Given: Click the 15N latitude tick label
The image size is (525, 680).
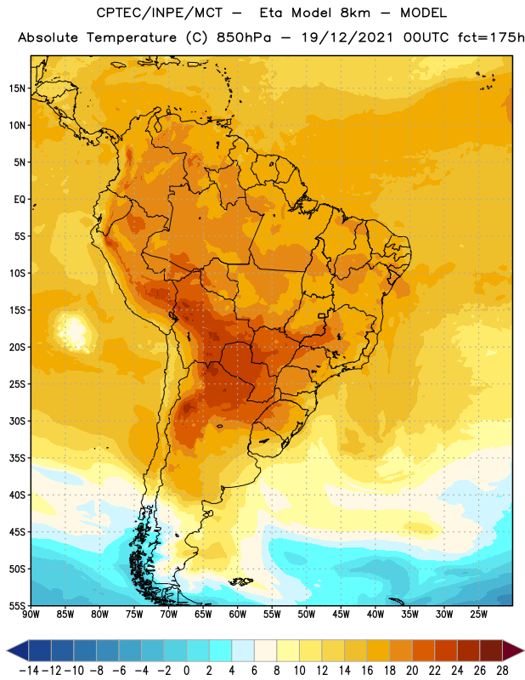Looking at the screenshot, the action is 17,88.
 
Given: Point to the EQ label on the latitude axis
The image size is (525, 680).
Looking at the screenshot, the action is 20,200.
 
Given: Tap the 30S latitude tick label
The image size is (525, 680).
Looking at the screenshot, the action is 17,421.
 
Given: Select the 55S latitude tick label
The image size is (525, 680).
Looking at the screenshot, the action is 17,605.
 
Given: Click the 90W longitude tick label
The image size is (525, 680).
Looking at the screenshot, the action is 31,614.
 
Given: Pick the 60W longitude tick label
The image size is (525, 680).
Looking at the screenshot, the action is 238,614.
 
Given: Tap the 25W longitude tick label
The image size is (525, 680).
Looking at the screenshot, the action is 478,614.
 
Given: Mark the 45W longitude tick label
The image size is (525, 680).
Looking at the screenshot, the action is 341,614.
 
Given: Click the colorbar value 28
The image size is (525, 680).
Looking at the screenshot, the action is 502,671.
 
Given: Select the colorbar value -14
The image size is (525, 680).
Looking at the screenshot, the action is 29,671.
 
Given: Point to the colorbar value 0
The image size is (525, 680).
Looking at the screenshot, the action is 186,671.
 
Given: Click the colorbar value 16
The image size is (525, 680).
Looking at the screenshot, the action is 367,671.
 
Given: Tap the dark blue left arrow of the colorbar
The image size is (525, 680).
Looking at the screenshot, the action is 18,650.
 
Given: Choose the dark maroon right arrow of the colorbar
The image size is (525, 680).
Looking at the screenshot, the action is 514,650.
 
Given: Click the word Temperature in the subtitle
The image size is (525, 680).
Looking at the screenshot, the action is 132,37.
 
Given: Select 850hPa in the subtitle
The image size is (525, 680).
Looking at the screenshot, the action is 244,37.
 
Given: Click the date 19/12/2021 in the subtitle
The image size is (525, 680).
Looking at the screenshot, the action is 347,37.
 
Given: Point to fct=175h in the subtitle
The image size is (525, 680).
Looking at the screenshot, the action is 491,37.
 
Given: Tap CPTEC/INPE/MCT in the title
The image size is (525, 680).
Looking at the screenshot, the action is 160,13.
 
